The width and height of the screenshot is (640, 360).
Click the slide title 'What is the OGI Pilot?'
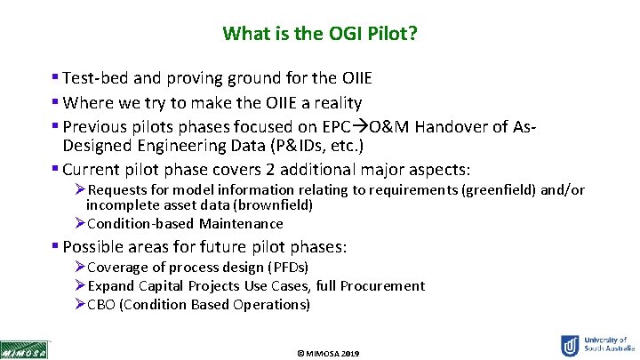pos(320,34)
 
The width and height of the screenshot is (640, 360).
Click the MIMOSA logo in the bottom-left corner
pos(25,349)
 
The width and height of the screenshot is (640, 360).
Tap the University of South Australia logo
pos(595,345)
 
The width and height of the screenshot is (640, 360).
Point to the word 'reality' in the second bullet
pos(336,104)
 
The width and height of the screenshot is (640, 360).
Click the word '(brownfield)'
pos(272,204)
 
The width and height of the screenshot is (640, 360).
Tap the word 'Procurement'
pos(384,285)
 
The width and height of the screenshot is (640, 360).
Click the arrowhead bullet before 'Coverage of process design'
pos(80,268)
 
